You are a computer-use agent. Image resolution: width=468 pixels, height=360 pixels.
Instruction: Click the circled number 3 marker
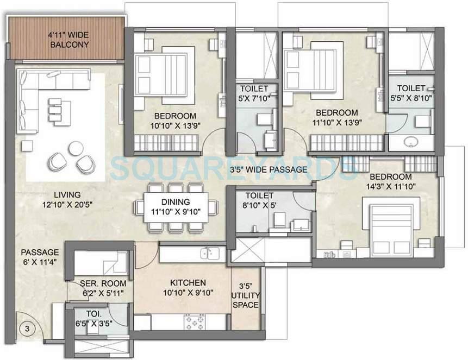click(25, 329)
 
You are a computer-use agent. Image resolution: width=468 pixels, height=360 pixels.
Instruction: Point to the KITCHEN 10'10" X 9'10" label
click(188, 288)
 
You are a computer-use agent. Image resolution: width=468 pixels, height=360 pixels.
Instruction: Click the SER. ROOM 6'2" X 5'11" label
click(103, 288)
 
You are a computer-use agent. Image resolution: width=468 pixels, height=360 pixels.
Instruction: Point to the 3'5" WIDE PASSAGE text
click(268, 169)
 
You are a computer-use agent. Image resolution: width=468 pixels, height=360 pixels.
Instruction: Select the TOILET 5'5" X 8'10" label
click(410, 94)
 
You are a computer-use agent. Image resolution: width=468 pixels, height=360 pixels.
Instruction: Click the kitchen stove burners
click(194, 323)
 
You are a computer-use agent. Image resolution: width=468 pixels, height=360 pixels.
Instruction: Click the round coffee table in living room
click(76, 147)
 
